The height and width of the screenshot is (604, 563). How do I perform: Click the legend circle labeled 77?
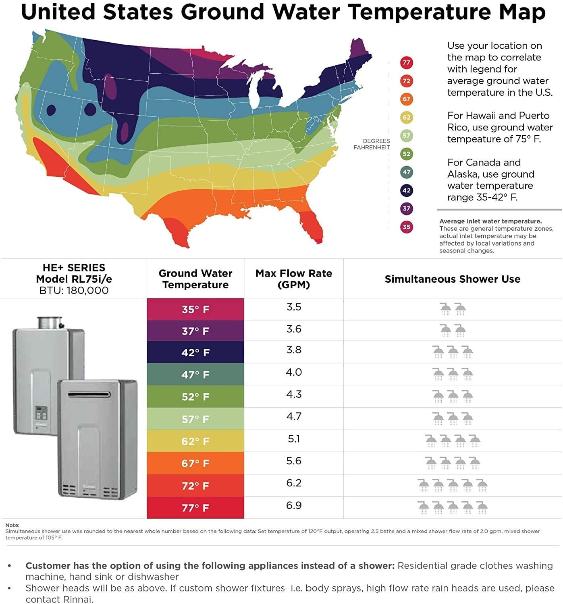point(406,63)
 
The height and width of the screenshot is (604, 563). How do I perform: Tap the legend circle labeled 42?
point(406,190)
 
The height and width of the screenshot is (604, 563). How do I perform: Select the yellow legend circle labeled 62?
point(406,118)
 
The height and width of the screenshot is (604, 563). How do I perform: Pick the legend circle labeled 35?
point(406,227)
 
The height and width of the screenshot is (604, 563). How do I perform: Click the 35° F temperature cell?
point(195,309)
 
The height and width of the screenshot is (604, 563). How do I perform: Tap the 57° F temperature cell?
point(195,419)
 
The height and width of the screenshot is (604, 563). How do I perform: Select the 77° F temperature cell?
point(195,508)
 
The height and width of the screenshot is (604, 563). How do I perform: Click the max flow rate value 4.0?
point(294,372)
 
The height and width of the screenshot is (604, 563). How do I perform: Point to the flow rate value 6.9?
point(294,505)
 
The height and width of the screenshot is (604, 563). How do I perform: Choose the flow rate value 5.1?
point(294,439)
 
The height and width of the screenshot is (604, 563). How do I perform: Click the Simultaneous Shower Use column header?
point(453,279)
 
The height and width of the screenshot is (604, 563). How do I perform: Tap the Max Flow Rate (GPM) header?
point(294,279)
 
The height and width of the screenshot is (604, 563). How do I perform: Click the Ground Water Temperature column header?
point(195,279)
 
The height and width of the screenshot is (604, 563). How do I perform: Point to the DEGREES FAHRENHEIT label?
point(372,144)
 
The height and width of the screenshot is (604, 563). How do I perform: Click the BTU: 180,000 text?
point(74,290)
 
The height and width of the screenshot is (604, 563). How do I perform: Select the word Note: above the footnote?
point(12,525)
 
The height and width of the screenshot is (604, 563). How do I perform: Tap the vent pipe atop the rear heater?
point(50,323)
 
